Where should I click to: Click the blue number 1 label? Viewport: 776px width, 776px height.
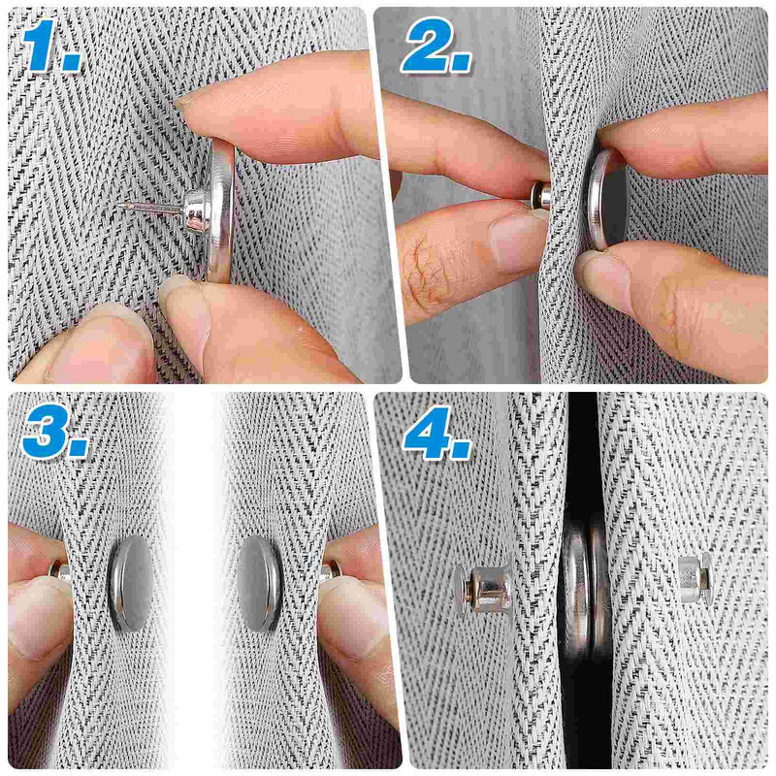51,46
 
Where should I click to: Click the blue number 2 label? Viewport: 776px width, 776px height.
436,46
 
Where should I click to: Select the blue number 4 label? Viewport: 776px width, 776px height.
437,433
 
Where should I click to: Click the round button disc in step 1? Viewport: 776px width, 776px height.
221,211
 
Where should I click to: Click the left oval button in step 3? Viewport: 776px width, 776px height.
131,584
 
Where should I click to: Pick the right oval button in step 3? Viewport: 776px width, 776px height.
260,583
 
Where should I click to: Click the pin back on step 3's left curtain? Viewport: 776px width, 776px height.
60,571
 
